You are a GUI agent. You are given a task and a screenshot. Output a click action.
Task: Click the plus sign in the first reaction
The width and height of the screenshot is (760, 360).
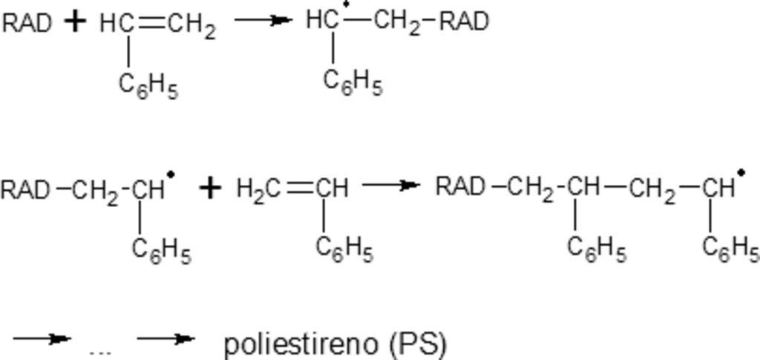coord(75,22)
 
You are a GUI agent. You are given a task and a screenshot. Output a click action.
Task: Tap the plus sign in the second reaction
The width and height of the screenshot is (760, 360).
coord(210,189)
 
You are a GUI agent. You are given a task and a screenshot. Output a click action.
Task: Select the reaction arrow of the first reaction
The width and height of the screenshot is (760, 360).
coord(263,20)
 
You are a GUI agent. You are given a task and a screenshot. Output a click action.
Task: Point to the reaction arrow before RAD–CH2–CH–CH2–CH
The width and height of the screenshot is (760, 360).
coord(390,185)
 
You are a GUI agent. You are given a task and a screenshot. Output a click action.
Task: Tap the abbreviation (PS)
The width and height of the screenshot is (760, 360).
coord(417,344)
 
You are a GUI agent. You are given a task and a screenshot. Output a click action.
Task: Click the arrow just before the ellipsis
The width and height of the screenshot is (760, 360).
coord(42,339)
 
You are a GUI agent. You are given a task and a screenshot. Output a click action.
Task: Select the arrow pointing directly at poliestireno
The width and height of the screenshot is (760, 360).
coord(166,338)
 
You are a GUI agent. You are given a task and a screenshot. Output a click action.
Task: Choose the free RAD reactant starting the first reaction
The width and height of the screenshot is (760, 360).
coord(27,23)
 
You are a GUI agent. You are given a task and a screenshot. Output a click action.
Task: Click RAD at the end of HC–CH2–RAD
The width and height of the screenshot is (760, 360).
coord(465,22)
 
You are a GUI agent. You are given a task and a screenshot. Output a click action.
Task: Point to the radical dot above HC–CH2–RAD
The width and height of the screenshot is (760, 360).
coord(346,5)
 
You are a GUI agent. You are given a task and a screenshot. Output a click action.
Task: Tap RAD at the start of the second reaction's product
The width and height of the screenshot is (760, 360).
coord(460,186)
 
